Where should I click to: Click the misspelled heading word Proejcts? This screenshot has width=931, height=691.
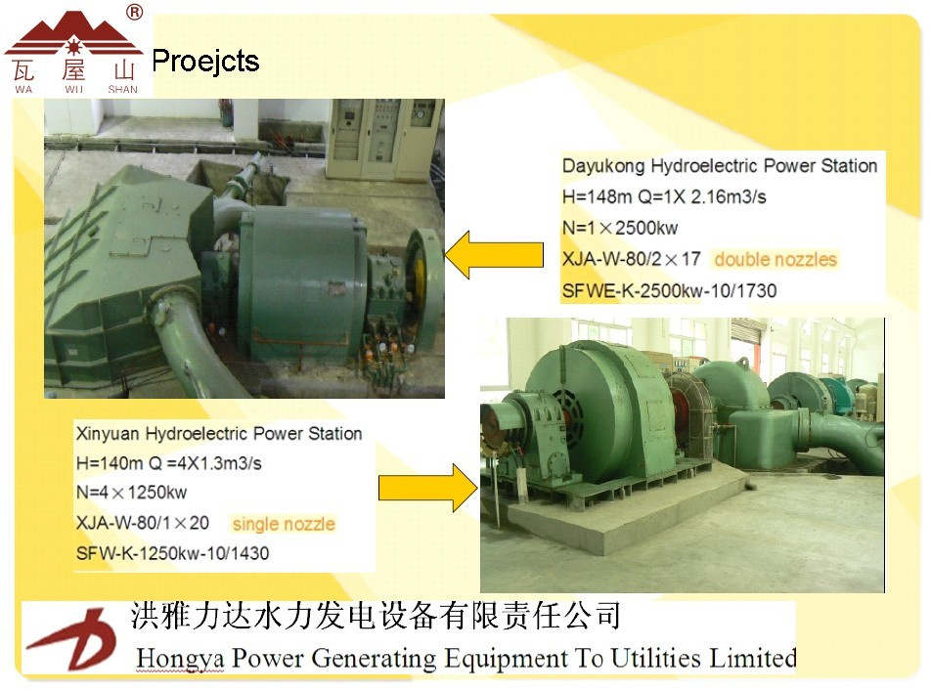click(x=205, y=62)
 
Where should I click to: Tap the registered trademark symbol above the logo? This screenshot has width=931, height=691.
click(x=135, y=12)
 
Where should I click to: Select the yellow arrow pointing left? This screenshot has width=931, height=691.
click(x=494, y=255)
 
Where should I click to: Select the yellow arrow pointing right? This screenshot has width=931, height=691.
click(x=428, y=488)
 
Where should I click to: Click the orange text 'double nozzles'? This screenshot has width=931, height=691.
click(x=776, y=259)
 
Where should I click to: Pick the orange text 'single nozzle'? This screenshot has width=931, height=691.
click(x=284, y=524)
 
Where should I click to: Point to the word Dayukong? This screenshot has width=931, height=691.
click(x=603, y=165)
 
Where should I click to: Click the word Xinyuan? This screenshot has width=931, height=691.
click(x=108, y=434)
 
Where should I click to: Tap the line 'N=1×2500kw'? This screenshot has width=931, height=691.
click(x=620, y=228)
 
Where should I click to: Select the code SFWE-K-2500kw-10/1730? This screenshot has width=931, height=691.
click(x=669, y=291)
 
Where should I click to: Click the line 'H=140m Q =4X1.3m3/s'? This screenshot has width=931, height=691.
click(x=168, y=463)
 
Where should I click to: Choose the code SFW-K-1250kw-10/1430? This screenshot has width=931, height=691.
click(x=172, y=553)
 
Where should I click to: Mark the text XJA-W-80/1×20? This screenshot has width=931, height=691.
click(x=143, y=523)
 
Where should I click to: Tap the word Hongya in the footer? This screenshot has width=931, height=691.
click(x=180, y=659)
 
